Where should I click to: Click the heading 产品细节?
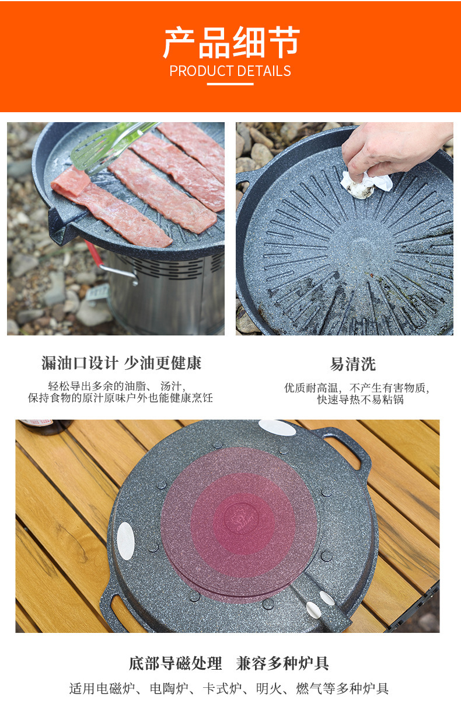coord(231,43)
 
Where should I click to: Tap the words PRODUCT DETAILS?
coord(230,71)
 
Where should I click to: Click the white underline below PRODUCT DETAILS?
coord(230,84)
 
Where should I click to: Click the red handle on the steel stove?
coord(94,253)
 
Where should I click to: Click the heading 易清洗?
coord(353,364)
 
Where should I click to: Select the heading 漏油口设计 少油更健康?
coord(121,363)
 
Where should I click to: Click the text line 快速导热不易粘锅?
coord(361,400)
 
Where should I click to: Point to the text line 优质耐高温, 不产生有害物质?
coord(357,387)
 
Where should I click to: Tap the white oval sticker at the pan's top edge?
coord(277,428)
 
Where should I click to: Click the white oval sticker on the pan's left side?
coord(125,541)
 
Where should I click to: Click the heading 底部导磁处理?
coord(175,663)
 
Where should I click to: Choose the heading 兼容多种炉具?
coord(282,663)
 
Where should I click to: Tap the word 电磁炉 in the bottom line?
coord(116,688)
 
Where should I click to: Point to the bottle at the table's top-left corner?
coord(46,427)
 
